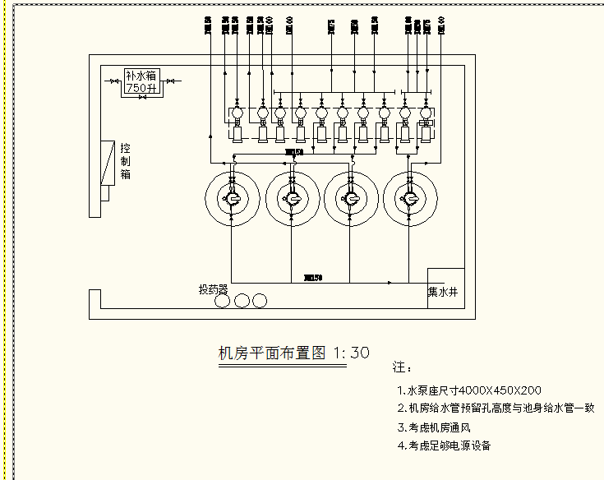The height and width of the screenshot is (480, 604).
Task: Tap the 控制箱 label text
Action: [x=126, y=161]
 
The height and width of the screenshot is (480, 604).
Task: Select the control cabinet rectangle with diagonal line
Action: [x=108, y=164]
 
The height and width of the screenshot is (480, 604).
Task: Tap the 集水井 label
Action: [x=445, y=291]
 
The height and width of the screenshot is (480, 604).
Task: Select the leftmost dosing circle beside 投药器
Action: [x=223, y=301]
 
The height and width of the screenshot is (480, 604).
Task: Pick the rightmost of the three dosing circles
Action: [x=260, y=301]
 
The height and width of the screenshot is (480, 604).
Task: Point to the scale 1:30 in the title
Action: [x=352, y=353]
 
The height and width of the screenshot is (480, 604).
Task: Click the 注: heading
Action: [x=402, y=367]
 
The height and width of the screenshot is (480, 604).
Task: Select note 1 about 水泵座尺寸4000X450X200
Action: [x=468, y=390]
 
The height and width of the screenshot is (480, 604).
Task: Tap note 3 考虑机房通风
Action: [x=444, y=427]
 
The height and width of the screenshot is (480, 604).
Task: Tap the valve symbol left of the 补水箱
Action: [x=114, y=81]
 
